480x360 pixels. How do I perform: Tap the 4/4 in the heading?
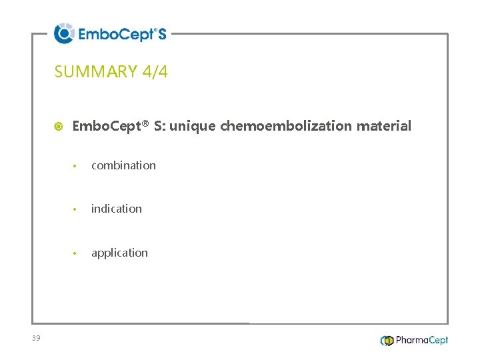[155, 72]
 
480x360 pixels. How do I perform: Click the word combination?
[123, 165]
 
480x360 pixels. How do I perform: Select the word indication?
[116, 209]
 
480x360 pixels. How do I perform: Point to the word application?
[119, 253]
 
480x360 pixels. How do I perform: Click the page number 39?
[36, 339]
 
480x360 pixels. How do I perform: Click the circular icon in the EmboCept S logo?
[64, 33]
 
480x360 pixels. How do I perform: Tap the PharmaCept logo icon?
[387, 341]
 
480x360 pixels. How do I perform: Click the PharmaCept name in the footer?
[422, 341]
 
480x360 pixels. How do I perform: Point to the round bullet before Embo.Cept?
[59, 126]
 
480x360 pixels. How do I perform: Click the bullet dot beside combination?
[77, 166]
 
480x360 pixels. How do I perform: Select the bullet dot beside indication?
[77, 209]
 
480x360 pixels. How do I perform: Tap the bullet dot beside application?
[77, 253]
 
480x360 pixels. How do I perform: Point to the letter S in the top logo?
[161, 34]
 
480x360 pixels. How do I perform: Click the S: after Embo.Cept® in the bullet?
[159, 126]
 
